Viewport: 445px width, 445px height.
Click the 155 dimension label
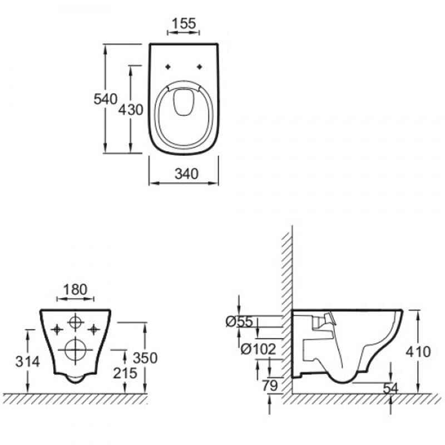coord(184,23)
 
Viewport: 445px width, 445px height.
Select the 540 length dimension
coord(105,99)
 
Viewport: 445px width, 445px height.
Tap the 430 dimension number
coord(131,110)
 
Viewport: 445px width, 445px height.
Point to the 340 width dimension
coord(186,174)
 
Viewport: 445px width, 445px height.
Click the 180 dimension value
coord(75,289)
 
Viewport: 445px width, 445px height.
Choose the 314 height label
coord(27,362)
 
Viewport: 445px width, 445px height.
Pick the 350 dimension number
coord(145,358)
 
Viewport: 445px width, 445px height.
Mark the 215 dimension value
coord(125,373)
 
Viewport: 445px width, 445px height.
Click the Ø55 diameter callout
coord(239,322)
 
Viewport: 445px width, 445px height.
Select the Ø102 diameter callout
coord(258,349)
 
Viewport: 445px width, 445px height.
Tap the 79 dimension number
coord(270,385)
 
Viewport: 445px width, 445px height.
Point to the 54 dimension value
coord(390,388)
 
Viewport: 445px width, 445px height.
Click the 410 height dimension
coord(418,352)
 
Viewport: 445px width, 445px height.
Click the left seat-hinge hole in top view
coord(168,67)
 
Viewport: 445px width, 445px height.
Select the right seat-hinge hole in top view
coord(200,67)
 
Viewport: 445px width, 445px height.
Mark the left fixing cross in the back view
coord(57,329)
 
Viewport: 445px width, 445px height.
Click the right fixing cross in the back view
coord(93,329)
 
